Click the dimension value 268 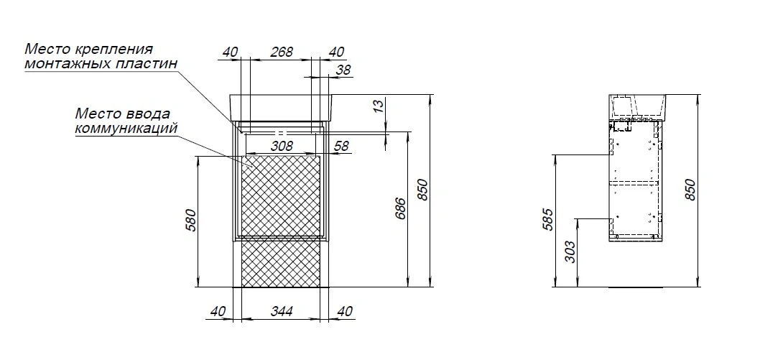(281, 52)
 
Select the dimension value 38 (343, 70)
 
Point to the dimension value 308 (282, 146)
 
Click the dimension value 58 (342, 146)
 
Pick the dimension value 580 (193, 220)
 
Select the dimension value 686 (400, 208)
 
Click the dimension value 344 (281, 312)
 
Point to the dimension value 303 (571, 251)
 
